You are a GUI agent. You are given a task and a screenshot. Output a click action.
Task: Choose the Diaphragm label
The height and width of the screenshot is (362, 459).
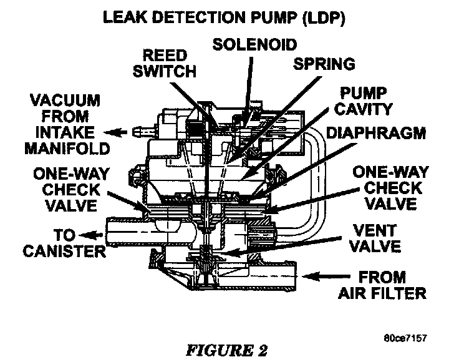(376, 132)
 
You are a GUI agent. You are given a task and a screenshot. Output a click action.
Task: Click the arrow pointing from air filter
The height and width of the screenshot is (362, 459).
(329, 274)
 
